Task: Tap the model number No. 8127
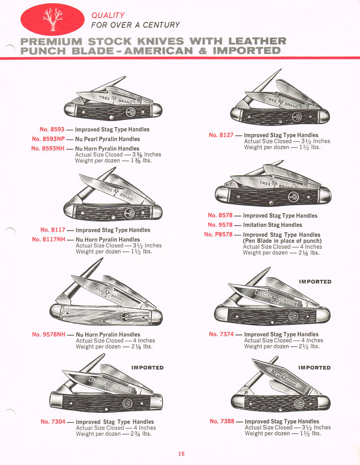221,135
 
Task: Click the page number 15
181,454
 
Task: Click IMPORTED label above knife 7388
314,368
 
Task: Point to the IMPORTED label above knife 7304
147,368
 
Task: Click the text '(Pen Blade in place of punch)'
282,241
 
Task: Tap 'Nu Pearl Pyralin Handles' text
107,139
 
